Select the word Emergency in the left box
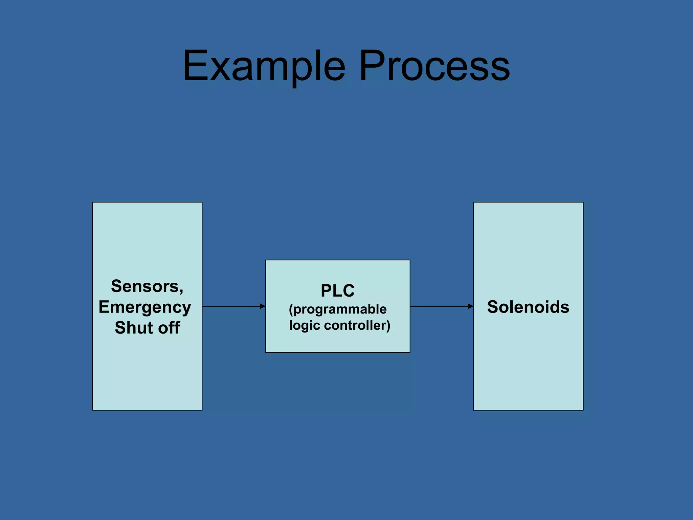click(x=145, y=307)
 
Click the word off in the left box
click(x=169, y=328)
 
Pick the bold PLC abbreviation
click(x=337, y=290)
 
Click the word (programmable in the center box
click(x=337, y=309)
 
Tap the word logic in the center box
click(x=304, y=326)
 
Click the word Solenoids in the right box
click(x=528, y=307)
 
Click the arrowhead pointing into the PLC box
click(x=263, y=306)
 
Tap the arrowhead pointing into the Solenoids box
click(x=470, y=306)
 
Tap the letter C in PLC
click(x=348, y=290)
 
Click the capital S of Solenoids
click(x=493, y=307)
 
